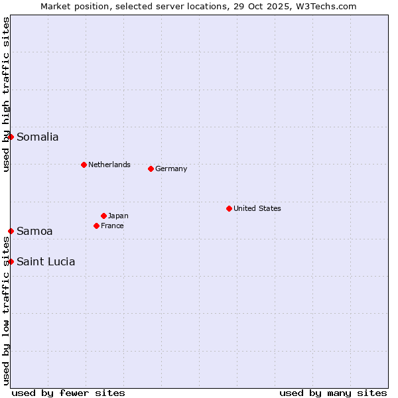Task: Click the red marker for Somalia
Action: point(11,137)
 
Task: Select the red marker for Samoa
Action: point(11,231)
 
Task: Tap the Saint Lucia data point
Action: point(11,261)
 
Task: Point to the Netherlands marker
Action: point(84,165)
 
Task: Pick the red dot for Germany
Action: point(151,168)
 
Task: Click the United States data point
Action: point(229,208)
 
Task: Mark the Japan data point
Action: point(103,216)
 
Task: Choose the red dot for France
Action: point(96,226)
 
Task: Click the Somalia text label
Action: point(38,137)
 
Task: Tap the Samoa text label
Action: point(34,232)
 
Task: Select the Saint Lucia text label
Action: point(46,262)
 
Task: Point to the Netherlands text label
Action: point(109,165)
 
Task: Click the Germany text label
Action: point(171,168)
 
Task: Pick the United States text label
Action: point(257,208)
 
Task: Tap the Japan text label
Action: point(118,216)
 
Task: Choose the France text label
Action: point(112,226)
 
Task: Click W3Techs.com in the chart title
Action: point(324,6)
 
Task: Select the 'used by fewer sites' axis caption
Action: point(68,393)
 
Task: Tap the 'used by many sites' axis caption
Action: point(333,393)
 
